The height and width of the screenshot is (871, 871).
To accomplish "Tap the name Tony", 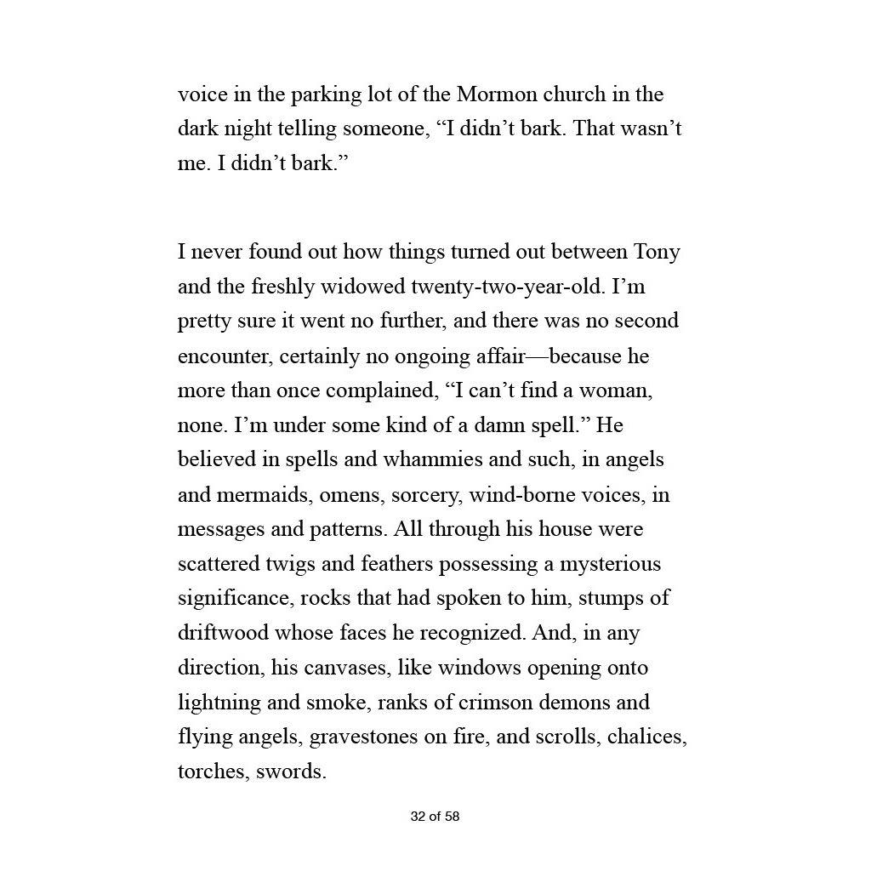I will tap(658, 253).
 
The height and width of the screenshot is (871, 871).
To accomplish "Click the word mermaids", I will tap(271, 495).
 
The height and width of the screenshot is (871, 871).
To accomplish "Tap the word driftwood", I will tap(222, 634).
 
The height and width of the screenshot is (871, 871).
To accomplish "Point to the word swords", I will tap(291, 772).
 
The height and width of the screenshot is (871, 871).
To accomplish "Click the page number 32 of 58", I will tap(435, 817).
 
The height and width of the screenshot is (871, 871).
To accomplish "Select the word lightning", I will tap(219, 703).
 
